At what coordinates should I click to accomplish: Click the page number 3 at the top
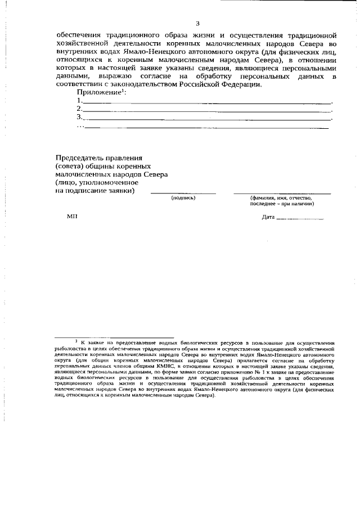[x=197, y=23]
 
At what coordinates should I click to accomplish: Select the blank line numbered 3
[x=208, y=120]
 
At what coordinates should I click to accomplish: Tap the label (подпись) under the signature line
[x=183, y=198]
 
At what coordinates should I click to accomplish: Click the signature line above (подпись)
[x=183, y=193]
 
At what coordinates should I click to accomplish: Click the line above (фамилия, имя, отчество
[x=282, y=193]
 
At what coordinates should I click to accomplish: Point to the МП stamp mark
[x=71, y=217]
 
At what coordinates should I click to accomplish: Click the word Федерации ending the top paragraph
[x=240, y=84]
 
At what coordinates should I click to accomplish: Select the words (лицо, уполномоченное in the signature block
[x=93, y=182]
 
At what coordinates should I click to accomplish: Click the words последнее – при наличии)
[x=282, y=204]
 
